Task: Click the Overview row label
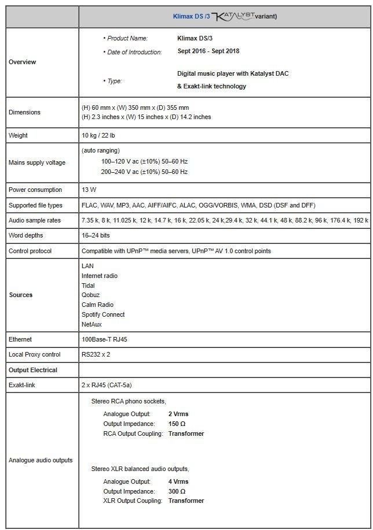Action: (x=22, y=62)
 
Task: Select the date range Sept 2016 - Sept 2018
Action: (x=208, y=51)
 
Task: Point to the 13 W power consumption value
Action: (x=89, y=190)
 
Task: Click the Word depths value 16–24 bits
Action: (x=96, y=236)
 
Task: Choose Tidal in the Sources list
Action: (x=88, y=286)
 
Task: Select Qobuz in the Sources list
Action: (x=89, y=295)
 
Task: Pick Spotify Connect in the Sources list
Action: (x=103, y=314)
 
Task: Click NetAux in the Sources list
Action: (x=92, y=324)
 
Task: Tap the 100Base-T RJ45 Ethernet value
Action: (x=104, y=339)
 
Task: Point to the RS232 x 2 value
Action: (x=96, y=354)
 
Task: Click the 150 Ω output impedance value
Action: (x=177, y=424)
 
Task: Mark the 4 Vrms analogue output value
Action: (x=178, y=481)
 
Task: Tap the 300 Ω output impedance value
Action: (x=177, y=491)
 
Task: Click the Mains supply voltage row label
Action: (x=36, y=162)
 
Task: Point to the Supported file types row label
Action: (x=35, y=205)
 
